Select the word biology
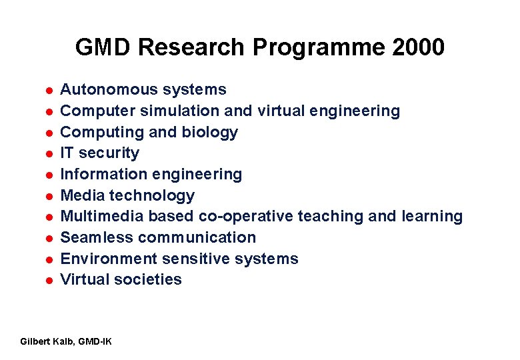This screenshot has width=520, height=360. (209, 132)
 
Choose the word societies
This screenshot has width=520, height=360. (148, 279)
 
